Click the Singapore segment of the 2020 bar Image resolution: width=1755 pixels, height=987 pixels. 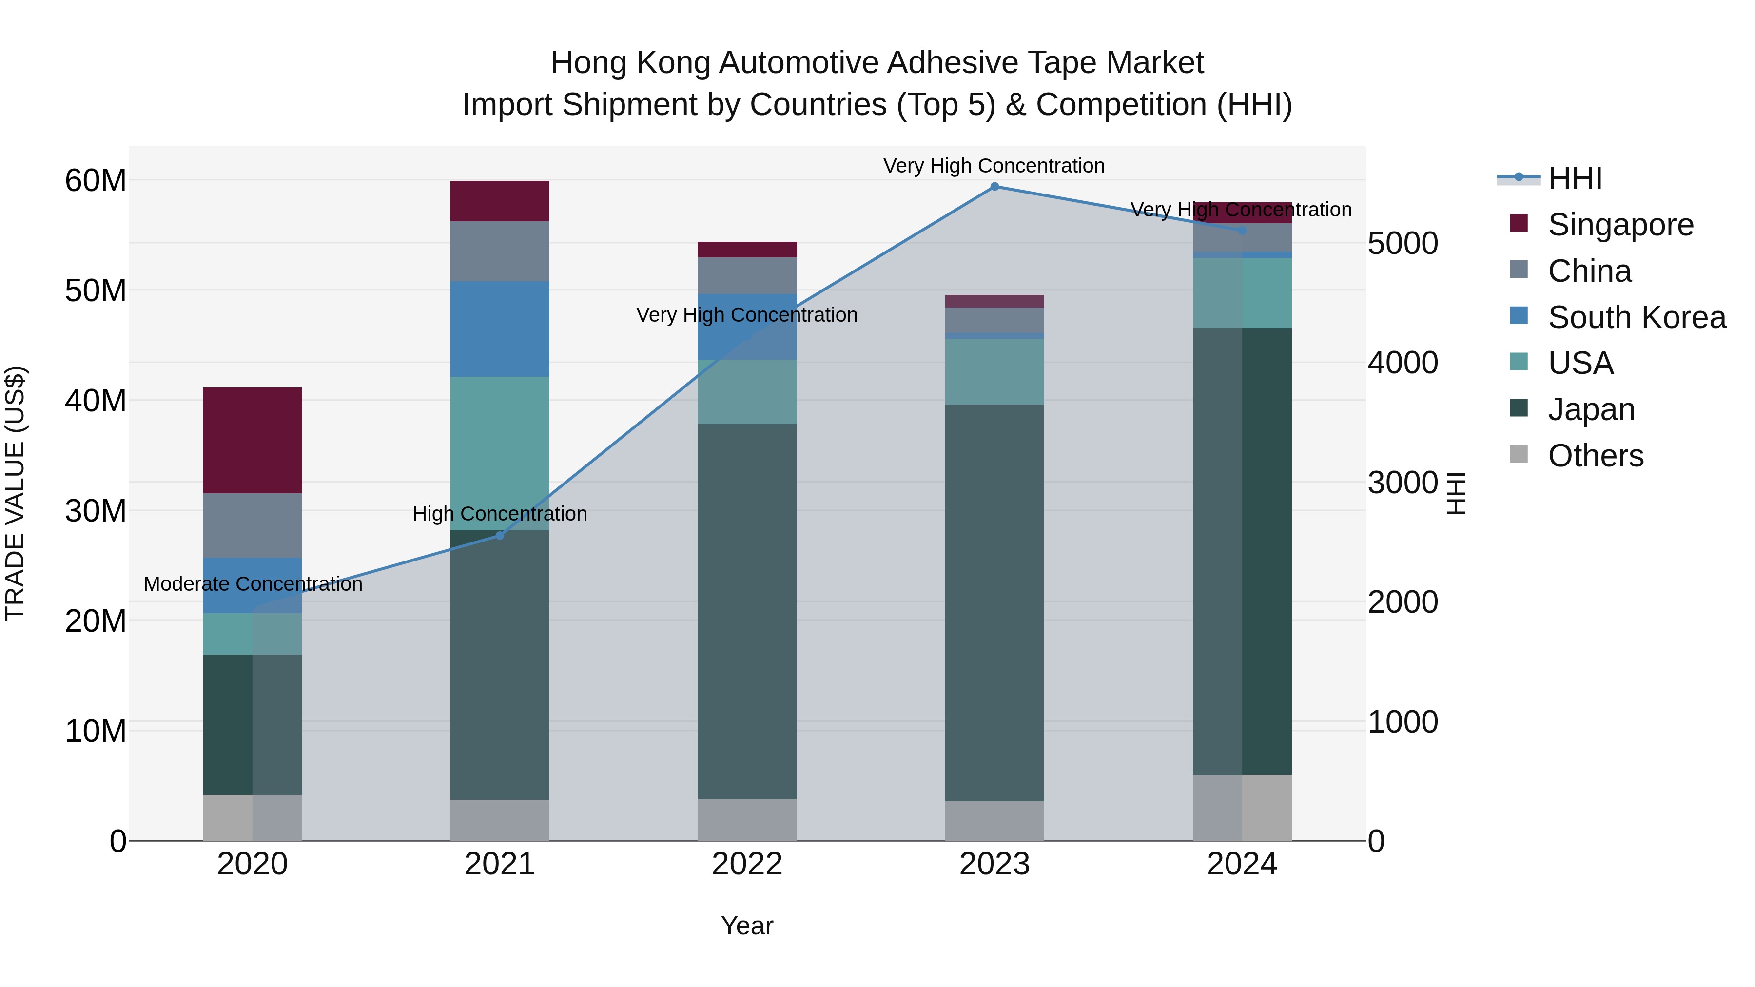click(252, 440)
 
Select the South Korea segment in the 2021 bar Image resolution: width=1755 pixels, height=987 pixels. click(499, 329)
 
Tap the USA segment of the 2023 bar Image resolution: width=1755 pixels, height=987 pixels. click(994, 371)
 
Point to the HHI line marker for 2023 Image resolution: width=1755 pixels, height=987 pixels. click(994, 187)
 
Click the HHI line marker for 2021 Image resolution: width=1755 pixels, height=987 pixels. click(499, 535)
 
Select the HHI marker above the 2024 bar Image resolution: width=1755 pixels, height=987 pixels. click(1242, 230)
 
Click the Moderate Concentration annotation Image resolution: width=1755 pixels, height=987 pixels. click(253, 584)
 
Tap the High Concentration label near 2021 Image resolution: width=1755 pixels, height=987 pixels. click(499, 514)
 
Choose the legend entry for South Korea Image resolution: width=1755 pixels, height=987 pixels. click(1637, 317)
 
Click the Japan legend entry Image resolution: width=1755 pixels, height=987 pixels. click(1591, 409)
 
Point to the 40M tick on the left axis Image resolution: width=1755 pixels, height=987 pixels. click(96, 401)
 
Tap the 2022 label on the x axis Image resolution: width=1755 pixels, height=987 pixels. click(747, 864)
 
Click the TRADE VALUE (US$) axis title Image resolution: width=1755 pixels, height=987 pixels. click(15, 493)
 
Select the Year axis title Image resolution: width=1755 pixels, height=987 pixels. click(747, 926)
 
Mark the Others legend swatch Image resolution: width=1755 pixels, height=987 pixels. click(1519, 454)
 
